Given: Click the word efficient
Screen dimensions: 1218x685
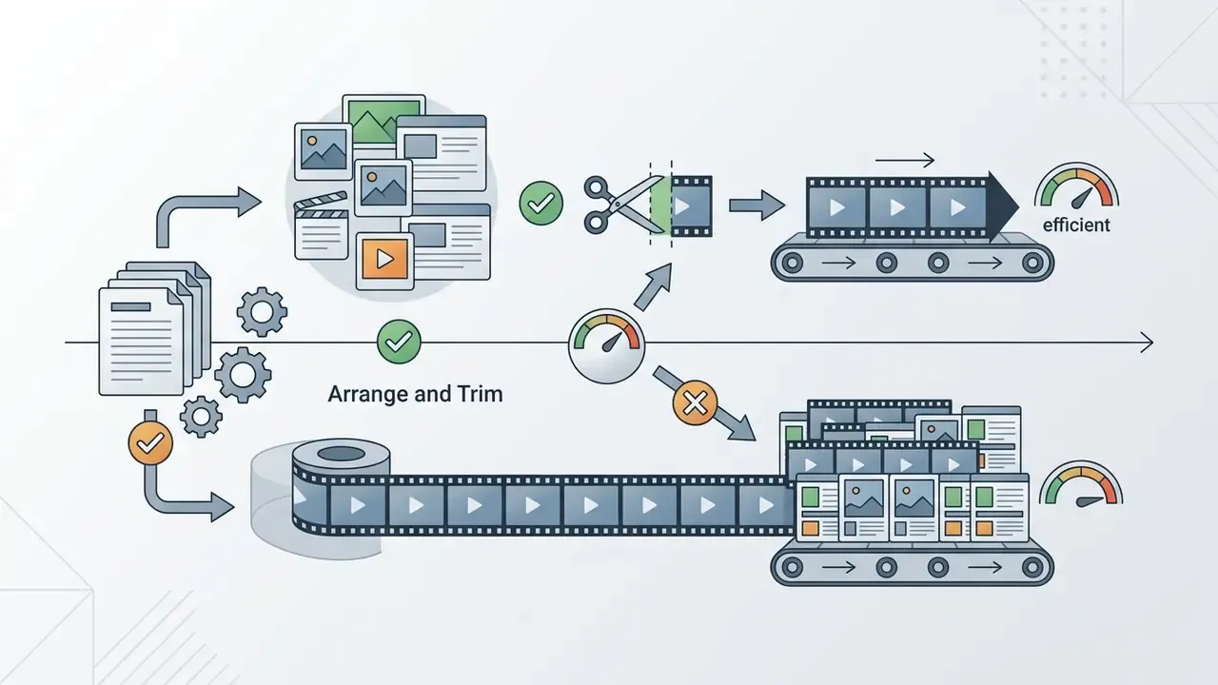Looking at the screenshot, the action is coord(1076,225).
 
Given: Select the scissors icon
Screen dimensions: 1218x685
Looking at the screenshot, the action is coord(623,205).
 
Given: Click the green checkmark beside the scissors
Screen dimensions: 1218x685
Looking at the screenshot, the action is coord(541,204).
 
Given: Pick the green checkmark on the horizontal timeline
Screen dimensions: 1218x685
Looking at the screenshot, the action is coord(399,342).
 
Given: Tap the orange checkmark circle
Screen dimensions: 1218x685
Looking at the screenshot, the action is coord(150,443).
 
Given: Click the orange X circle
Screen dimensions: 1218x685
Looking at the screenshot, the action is coord(695,402).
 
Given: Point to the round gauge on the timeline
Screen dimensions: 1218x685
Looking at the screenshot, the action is coord(607,345).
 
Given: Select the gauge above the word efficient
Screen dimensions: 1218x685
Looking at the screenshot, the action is coord(1076,186).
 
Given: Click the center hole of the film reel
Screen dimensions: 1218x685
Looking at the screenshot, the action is coord(341,454).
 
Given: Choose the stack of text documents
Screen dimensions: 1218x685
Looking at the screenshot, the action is coord(154,328).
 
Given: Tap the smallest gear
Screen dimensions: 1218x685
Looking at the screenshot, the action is coord(201,417).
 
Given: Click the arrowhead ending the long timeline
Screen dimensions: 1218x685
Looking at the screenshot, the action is coord(1147,342).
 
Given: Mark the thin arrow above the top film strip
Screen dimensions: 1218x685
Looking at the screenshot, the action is coord(905,160).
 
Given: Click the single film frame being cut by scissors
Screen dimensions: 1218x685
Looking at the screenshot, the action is coord(692,206).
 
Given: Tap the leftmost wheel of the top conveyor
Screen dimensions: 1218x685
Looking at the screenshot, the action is coord(793,264).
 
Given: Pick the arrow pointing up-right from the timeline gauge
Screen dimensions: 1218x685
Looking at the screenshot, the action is coord(654,286).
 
